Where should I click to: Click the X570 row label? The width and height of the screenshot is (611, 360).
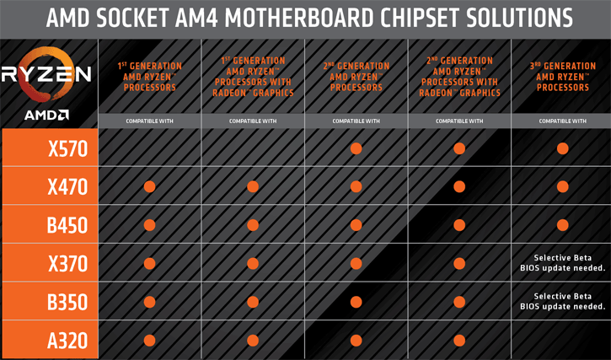(x=67, y=148)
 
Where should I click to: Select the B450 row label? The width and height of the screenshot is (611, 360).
(x=67, y=225)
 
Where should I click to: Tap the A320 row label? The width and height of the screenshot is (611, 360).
(x=67, y=341)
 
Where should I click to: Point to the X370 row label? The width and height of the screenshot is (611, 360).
(x=67, y=264)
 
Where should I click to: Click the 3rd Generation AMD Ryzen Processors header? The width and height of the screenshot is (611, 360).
(x=563, y=77)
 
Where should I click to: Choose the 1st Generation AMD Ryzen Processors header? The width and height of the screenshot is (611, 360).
(x=150, y=77)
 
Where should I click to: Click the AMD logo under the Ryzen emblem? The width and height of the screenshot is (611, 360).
(x=46, y=115)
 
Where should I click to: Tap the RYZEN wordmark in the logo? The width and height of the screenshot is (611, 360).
(x=46, y=74)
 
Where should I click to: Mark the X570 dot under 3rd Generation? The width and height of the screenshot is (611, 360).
(x=563, y=148)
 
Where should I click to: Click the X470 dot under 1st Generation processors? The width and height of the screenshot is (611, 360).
(x=150, y=187)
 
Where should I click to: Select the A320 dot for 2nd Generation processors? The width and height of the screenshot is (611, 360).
(x=356, y=341)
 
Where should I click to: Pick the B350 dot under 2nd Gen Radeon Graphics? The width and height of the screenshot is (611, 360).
(x=459, y=302)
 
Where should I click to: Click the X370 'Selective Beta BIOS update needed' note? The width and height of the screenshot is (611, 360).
(x=563, y=263)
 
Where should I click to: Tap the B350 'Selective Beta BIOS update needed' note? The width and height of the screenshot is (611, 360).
(x=563, y=302)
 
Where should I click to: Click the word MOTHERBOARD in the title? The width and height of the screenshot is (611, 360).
(x=299, y=18)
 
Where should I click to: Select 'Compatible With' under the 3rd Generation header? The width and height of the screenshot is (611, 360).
(x=563, y=121)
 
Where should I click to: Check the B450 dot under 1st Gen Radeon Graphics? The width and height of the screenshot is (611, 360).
(x=253, y=225)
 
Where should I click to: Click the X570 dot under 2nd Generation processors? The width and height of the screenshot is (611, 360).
(x=356, y=148)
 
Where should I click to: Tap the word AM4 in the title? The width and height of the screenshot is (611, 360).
(x=196, y=18)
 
